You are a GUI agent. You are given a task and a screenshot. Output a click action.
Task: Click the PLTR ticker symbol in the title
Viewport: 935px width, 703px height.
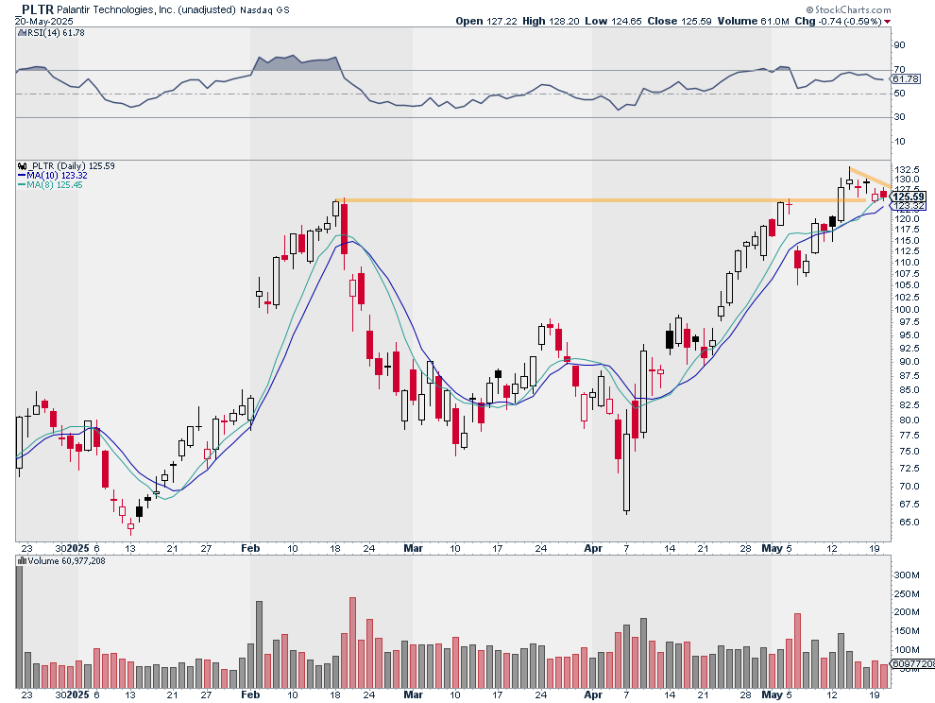[37, 9]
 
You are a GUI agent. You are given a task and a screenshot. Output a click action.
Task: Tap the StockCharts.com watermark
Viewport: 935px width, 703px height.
[848, 9]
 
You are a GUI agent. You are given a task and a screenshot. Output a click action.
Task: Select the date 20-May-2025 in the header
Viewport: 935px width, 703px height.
[44, 21]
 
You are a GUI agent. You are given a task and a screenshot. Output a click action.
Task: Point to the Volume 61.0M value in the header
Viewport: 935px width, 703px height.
[753, 21]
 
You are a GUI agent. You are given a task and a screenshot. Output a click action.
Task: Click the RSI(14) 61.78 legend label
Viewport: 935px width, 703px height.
[52, 33]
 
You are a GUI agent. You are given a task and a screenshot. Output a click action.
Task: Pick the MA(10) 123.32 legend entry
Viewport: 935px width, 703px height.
[53, 176]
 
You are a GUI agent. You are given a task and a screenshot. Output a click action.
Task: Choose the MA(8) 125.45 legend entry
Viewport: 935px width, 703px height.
[50, 185]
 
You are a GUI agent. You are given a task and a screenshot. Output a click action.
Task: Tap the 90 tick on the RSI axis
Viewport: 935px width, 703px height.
[899, 45]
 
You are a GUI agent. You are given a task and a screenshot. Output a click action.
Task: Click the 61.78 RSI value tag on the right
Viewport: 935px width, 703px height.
[906, 78]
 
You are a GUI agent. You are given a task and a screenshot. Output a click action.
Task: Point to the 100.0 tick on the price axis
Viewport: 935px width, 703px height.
[906, 310]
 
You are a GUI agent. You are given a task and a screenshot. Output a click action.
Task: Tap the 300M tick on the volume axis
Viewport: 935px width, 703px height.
[906, 575]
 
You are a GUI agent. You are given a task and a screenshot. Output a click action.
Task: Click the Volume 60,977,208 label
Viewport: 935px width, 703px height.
[62, 561]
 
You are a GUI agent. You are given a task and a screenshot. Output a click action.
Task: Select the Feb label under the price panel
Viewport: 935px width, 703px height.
[250, 548]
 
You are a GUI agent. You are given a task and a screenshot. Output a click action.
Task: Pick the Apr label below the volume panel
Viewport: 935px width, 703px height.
[593, 694]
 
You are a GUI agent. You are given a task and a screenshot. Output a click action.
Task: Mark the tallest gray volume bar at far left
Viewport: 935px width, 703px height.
[19, 626]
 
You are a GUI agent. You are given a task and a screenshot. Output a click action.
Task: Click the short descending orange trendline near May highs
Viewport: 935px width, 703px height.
[871, 178]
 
